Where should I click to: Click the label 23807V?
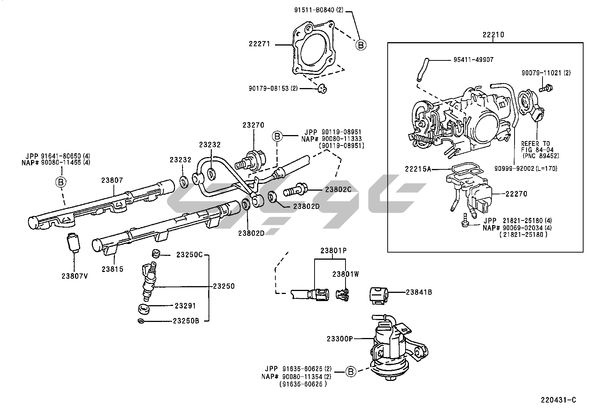pyautogui.click(x=75, y=276)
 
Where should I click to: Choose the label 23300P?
pyautogui.click(x=340, y=339)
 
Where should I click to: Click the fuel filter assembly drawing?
pyautogui.click(x=392, y=347)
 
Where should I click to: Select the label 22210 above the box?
pyautogui.click(x=493, y=35)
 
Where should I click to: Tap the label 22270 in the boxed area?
pyautogui.click(x=516, y=194)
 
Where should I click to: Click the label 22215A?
pyautogui.click(x=418, y=169)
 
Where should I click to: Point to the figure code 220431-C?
pyautogui.click(x=559, y=400)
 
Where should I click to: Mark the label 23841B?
pyautogui.click(x=419, y=292)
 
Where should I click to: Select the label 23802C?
pyautogui.click(x=338, y=189)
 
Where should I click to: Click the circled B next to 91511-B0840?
pyautogui.click(x=360, y=45)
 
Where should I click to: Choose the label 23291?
pyautogui.click(x=185, y=306)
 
